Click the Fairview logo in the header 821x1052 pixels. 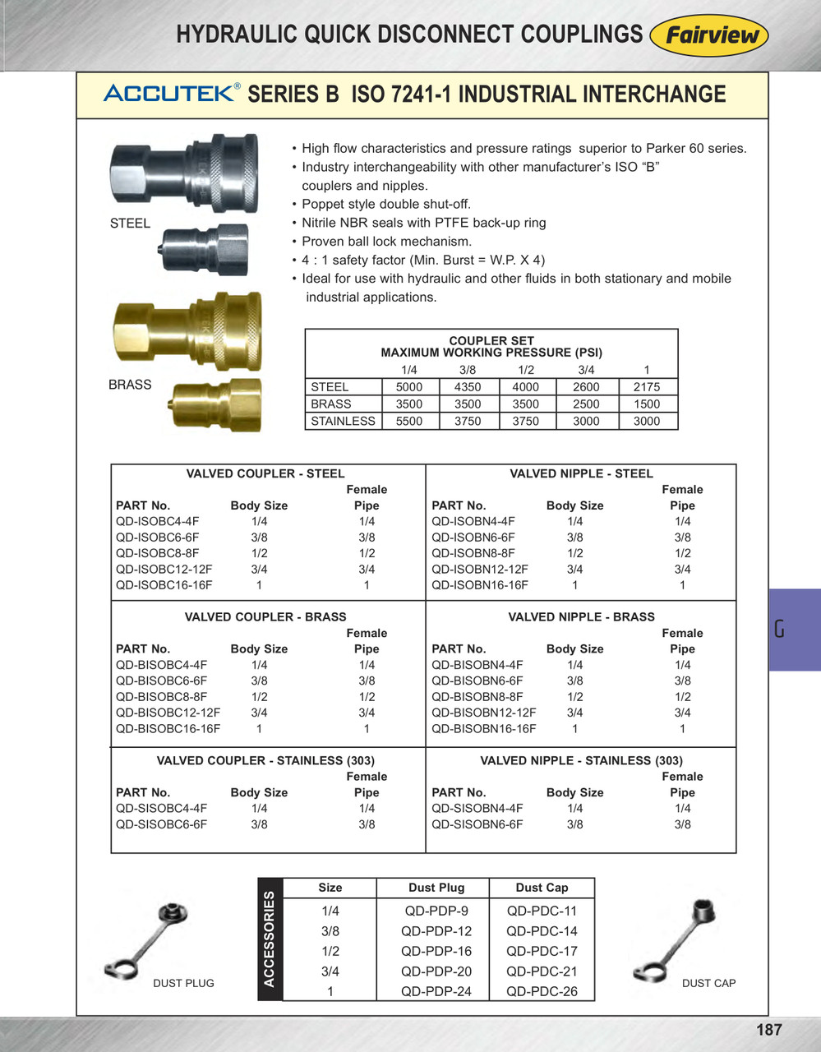click(x=708, y=36)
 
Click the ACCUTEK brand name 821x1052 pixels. click(x=169, y=93)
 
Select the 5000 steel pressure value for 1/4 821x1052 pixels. click(x=408, y=387)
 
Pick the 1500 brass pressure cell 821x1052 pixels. click(x=646, y=404)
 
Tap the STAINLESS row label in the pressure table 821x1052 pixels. click(x=343, y=422)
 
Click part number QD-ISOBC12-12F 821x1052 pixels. click(x=164, y=570)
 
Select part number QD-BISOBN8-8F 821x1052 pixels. click(x=477, y=697)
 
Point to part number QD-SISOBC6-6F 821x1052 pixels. click(x=162, y=824)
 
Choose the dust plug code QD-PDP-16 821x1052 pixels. click(x=436, y=952)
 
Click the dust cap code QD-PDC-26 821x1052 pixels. click(x=542, y=991)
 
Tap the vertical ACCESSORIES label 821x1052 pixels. click(x=270, y=938)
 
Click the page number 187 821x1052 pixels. click(x=768, y=1030)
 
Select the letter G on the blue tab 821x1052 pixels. click(x=779, y=630)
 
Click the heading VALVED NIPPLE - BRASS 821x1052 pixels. click(x=581, y=617)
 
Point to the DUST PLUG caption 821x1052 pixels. click(x=183, y=984)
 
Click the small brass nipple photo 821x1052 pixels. click(x=215, y=404)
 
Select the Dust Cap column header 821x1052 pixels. click(x=542, y=888)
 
